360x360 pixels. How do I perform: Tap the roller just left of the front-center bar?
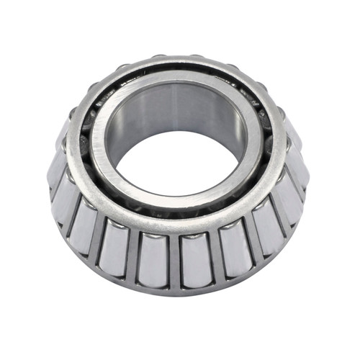pyautogui.click(x=153, y=256)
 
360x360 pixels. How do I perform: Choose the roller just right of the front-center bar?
pyautogui.click(x=196, y=256)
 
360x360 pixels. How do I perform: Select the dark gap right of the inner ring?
pyautogui.click(x=272, y=155)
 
